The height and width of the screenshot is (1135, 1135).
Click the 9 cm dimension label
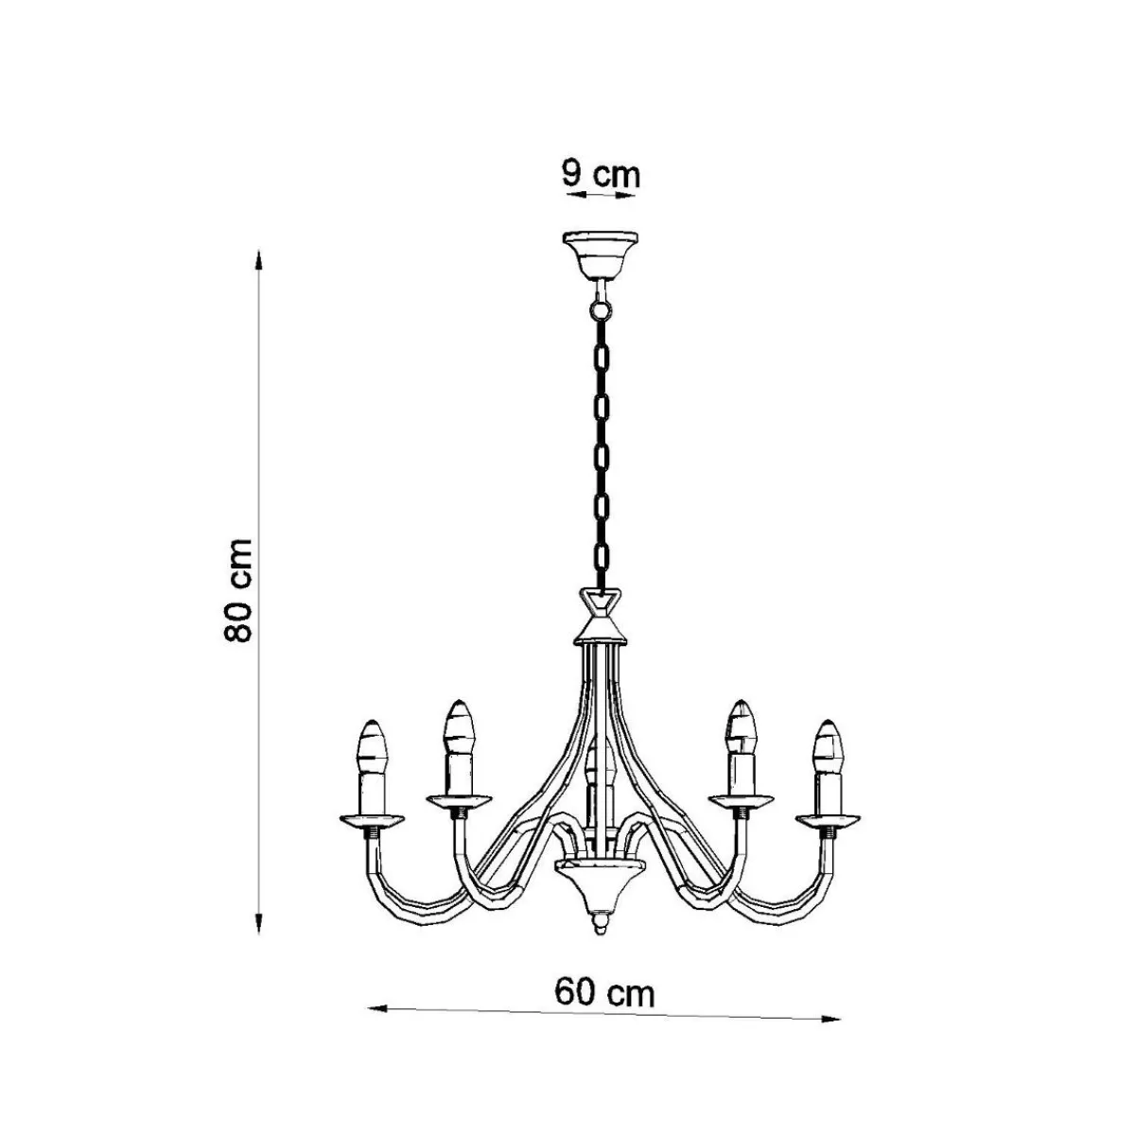601,174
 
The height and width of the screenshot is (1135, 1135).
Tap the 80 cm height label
238,589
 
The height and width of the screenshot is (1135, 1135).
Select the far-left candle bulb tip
372,721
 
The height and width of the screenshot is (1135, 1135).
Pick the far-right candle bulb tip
829,721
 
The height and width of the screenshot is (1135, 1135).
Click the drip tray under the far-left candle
372,820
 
